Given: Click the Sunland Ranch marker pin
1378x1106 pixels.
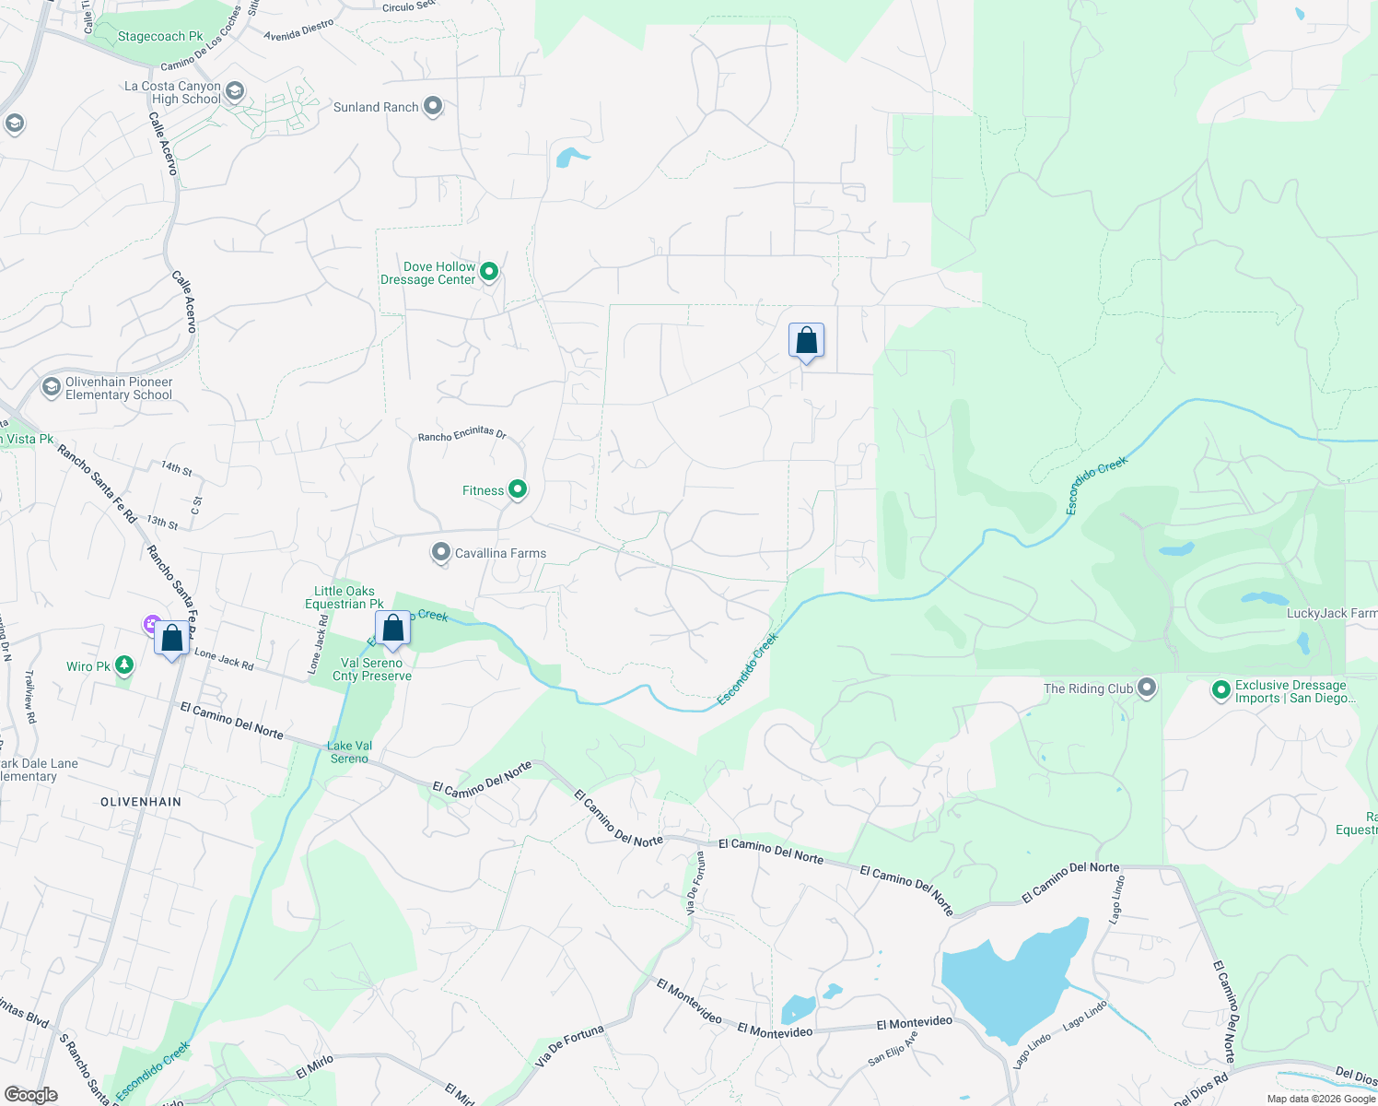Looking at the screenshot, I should coord(432,106).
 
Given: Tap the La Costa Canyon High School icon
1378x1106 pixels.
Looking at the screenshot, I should coord(235,90).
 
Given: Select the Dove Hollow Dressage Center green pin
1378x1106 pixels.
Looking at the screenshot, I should coord(490,271).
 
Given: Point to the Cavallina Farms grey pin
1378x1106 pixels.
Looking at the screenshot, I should coord(441,552).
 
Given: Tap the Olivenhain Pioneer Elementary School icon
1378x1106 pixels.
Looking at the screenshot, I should coord(52,387).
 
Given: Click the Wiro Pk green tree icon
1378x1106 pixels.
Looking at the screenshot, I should coord(124,665).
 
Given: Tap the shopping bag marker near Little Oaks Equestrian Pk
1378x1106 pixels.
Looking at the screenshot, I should coord(392,629).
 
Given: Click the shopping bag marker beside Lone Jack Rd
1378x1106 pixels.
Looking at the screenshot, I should coord(172,639).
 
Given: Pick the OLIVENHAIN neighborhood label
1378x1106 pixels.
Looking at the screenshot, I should coord(141,802).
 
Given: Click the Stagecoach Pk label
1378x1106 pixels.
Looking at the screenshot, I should coord(160,37).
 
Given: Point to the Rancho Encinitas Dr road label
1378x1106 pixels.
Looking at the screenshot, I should coord(461,434).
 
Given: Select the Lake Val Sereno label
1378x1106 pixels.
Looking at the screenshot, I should coord(349,752).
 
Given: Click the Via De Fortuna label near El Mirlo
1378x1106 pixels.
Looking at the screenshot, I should coord(569,1046).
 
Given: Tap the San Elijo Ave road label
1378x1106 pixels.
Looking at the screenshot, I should coord(893,1049).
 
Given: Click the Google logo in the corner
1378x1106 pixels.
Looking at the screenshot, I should coord(31,1094).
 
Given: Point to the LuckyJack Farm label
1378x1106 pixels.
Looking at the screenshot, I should coord(1331,613).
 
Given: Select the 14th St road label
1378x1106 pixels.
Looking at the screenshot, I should coord(176,468).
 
